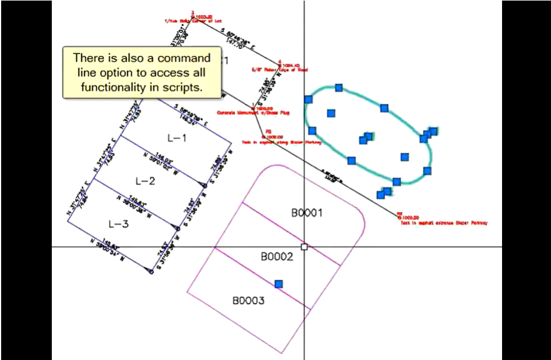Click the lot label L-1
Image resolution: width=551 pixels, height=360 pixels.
177,138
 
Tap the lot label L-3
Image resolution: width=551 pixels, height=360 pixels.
118,224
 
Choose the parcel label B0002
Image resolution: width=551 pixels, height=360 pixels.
277,257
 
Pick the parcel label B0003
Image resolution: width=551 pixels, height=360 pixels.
248,301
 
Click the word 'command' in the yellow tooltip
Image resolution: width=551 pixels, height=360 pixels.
184,58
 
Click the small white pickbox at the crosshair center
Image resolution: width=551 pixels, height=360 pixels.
304,247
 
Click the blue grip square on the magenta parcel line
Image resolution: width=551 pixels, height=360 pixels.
278,284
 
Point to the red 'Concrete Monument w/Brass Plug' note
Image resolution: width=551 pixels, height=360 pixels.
253,113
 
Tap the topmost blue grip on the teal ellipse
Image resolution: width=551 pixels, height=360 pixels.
339,88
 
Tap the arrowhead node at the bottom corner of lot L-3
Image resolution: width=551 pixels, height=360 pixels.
151,272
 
